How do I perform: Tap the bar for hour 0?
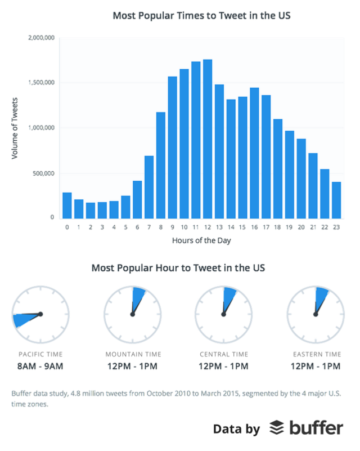tap(67, 205)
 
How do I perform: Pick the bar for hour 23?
tap(336, 199)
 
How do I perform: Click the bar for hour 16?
tap(254, 153)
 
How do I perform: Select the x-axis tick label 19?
tap(289, 227)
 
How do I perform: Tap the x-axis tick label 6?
tap(137, 227)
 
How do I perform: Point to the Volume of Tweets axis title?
tap(15, 128)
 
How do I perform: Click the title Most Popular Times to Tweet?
tap(201, 15)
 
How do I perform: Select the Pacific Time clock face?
tap(40, 314)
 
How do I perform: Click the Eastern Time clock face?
tap(315, 314)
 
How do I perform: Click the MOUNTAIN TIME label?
tap(133, 354)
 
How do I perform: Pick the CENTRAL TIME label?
tap(223, 354)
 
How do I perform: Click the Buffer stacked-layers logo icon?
tap(276, 428)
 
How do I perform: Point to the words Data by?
tap(236, 429)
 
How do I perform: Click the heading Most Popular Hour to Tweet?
tap(178, 267)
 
